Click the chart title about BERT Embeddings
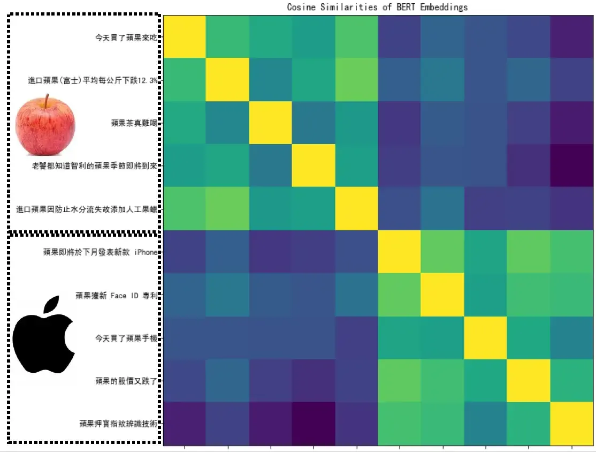377,7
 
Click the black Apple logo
44,334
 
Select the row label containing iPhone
101,252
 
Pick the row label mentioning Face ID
117,295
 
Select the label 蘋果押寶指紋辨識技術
118,424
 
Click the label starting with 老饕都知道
95,166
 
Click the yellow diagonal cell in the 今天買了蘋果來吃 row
185,37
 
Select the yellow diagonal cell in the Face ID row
442,295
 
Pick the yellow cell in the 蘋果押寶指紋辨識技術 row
572,424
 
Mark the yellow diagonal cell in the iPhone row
400,252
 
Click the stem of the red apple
47,100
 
